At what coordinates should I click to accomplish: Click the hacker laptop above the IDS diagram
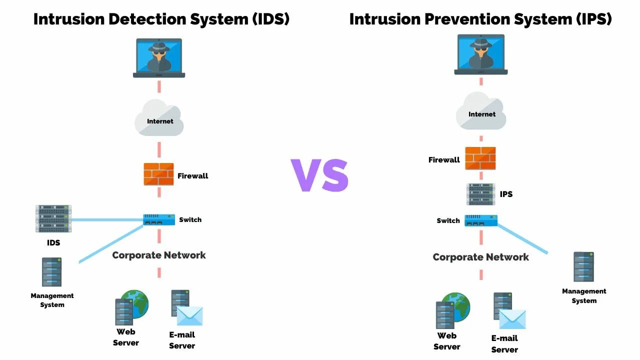159,58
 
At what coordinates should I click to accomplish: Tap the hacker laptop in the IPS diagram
481,54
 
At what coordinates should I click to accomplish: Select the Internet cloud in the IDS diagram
159,118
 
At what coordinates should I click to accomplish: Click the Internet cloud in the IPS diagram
481,112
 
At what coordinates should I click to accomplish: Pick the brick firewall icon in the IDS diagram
159,174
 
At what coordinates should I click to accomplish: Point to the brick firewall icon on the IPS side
480,158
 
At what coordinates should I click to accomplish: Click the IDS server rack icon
53,218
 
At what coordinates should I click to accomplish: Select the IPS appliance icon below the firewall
480,194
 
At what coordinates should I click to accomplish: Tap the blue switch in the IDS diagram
159,219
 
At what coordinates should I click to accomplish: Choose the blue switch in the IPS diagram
481,220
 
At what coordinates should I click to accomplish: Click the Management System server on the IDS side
51,272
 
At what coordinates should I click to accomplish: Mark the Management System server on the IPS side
583,267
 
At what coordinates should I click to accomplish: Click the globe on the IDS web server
135,303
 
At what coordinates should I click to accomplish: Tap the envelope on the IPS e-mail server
512,319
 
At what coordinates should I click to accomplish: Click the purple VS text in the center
319,175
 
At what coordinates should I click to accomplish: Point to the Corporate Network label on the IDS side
159,255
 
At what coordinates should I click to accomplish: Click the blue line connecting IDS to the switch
107,219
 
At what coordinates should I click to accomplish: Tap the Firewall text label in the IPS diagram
444,160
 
